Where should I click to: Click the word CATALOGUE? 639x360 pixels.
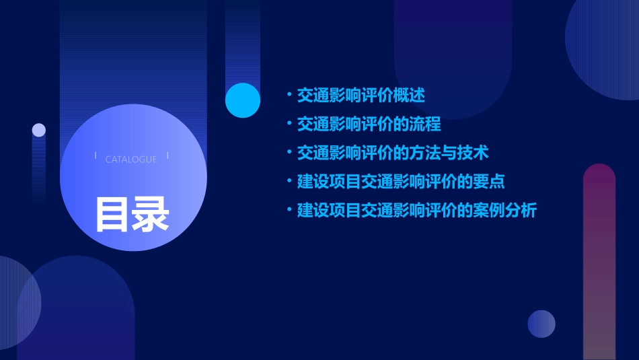(x=131, y=159)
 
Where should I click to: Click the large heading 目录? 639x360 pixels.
(x=132, y=213)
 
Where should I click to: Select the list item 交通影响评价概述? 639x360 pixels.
(x=361, y=96)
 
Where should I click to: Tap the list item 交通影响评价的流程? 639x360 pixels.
(x=369, y=124)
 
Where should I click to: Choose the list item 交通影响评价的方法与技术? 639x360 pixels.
(x=393, y=153)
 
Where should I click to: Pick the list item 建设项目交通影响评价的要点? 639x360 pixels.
(x=401, y=182)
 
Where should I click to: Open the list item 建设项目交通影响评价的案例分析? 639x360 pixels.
(x=417, y=211)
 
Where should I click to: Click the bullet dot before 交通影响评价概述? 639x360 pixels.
(x=289, y=96)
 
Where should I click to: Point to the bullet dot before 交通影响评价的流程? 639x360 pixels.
(x=289, y=124)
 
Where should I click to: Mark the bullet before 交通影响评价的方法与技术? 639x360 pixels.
(x=289, y=153)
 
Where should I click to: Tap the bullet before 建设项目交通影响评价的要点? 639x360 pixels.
(x=289, y=182)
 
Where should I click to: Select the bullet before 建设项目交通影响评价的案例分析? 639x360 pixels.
(x=289, y=211)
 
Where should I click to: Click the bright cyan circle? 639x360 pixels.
(x=243, y=100)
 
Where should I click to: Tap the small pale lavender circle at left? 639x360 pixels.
(x=39, y=130)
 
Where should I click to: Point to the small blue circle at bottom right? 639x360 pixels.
(x=541, y=324)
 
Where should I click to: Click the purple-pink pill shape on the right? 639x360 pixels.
(x=599, y=262)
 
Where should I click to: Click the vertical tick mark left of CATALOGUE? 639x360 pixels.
(x=96, y=157)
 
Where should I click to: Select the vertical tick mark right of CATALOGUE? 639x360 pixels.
(x=167, y=157)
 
